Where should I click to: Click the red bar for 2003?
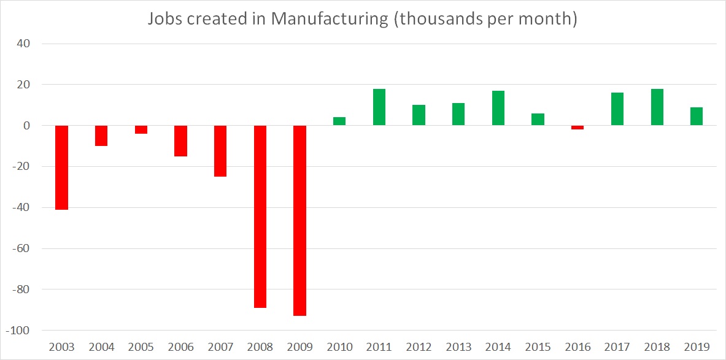pos(62,167)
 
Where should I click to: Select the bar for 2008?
pos(260,216)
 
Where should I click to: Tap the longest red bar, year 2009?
pos(300,220)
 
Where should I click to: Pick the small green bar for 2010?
pos(339,121)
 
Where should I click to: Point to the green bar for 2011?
pos(379,107)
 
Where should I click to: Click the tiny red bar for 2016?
pos(577,128)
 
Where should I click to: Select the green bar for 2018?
pos(657,107)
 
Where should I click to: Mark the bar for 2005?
pos(141,129)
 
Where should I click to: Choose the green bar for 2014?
pos(498,108)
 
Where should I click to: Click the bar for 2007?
pos(220,151)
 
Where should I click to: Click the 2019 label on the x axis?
pos(697,347)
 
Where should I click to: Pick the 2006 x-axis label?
pos(180,347)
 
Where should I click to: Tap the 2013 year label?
pos(458,347)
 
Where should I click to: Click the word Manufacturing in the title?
pos(330,19)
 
